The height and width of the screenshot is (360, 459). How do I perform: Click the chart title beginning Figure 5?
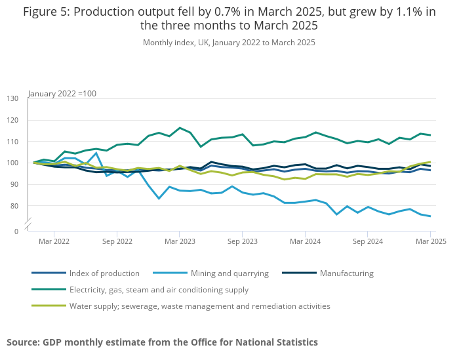coord(229,19)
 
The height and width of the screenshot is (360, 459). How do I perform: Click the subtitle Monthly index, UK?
coord(229,43)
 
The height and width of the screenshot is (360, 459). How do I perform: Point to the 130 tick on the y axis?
coord(13,98)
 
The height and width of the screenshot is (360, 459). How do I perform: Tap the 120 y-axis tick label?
coord(13,120)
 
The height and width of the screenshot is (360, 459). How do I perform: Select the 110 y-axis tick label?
coord(13,142)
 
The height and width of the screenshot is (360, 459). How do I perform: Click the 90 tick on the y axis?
coord(13,185)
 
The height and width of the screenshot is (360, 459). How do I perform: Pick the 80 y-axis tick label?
coord(13,207)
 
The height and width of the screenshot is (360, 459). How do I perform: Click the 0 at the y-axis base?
coord(16,231)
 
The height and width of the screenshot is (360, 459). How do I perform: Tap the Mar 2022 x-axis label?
coord(54,241)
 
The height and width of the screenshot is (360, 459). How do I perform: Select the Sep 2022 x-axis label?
coord(117,241)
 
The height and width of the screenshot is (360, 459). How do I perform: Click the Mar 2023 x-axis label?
coord(180,241)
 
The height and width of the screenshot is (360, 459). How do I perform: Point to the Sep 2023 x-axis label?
coord(243,241)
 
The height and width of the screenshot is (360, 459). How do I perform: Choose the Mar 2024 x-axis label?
coord(305,241)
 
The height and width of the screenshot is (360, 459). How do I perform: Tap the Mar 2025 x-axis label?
coord(431,241)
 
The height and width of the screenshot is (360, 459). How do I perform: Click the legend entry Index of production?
coord(104,273)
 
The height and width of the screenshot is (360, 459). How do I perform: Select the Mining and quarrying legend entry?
coord(229,273)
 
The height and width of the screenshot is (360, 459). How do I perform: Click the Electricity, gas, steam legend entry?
coord(159,290)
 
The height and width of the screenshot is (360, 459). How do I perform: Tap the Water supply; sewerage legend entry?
coord(199,306)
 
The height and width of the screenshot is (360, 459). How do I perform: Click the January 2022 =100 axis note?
coord(62,94)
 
